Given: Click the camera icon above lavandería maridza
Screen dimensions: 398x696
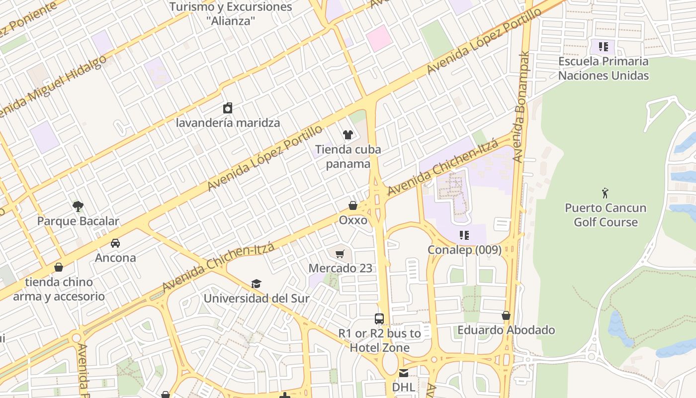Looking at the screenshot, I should pyautogui.click(x=228, y=108).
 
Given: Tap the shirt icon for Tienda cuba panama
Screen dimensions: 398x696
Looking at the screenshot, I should pyautogui.click(x=348, y=134).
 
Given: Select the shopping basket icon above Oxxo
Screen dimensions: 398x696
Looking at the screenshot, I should pyautogui.click(x=353, y=205).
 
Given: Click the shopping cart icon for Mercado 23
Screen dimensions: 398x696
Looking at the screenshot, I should pyautogui.click(x=340, y=254).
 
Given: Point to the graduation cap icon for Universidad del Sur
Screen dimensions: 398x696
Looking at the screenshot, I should pyautogui.click(x=256, y=284).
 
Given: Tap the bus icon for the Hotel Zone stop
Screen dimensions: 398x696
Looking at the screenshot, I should pyautogui.click(x=379, y=319).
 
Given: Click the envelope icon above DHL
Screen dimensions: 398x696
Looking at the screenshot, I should pyautogui.click(x=404, y=373).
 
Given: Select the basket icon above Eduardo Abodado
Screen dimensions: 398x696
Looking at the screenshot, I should pyautogui.click(x=506, y=315).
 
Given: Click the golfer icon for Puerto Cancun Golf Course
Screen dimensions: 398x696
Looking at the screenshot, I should pyautogui.click(x=605, y=193).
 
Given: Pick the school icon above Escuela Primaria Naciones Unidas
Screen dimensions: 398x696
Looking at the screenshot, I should pyautogui.click(x=603, y=47).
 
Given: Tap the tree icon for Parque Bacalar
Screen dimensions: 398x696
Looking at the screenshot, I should pyautogui.click(x=78, y=206).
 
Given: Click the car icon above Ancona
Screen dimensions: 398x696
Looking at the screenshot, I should pyautogui.click(x=115, y=243).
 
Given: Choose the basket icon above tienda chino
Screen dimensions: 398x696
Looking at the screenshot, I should pyautogui.click(x=59, y=268).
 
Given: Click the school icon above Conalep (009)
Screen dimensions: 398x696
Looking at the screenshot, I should pyautogui.click(x=464, y=235).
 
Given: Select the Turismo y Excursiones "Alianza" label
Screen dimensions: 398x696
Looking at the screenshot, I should pyautogui.click(x=231, y=14).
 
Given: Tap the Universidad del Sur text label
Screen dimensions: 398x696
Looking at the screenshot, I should pyautogui.click(x=257, y=298).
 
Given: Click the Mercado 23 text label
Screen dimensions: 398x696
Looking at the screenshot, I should pyautogui.click(x=340, y=268).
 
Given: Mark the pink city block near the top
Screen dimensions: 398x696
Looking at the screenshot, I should pyautogui.click(x=379, y=38).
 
